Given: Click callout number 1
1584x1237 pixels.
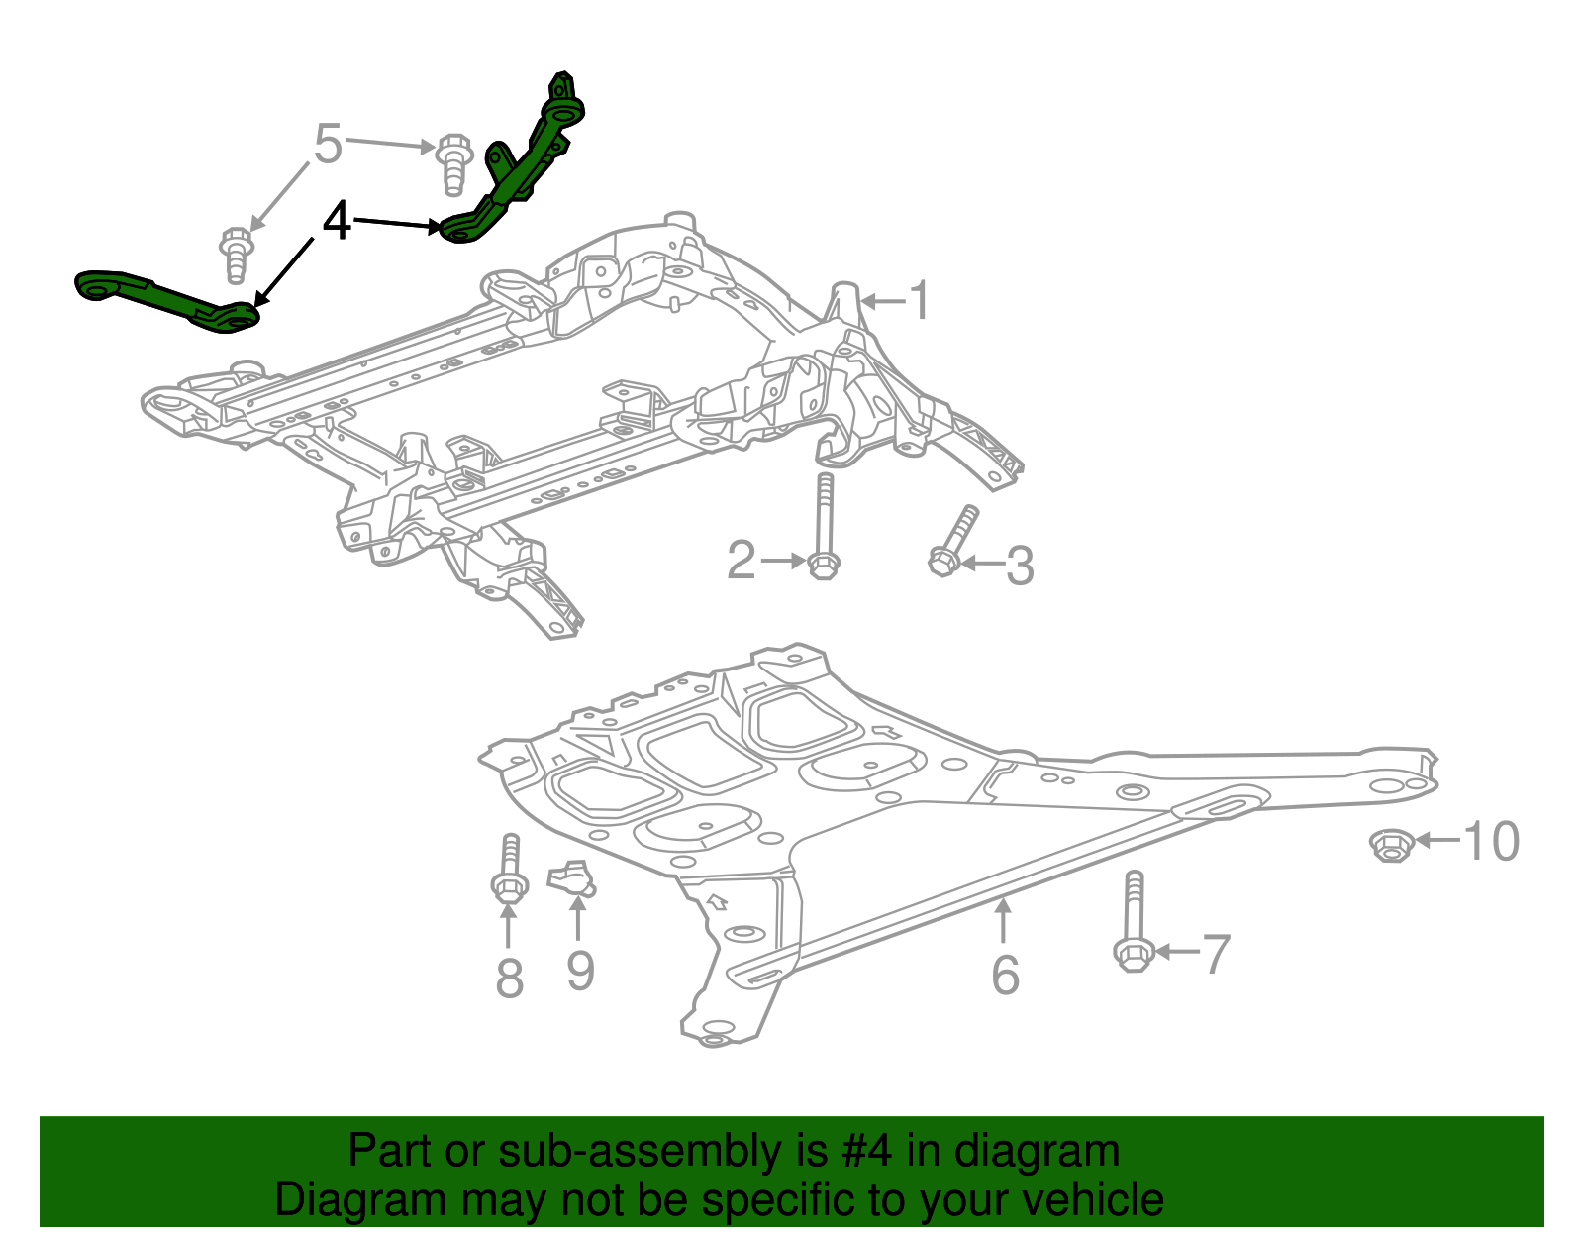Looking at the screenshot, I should coord(920,300).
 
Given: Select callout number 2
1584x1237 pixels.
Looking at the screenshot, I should coord(742,561).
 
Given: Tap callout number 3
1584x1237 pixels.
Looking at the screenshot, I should coord(1020,566).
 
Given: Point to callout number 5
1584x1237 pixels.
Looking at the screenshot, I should coord(328,145).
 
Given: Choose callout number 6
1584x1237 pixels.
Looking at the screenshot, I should coord(1005,975).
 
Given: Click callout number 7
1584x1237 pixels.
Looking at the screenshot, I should coord(1215,954).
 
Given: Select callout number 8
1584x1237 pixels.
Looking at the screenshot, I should coord(509,979).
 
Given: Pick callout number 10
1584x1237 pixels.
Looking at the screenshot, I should coord(1491,842).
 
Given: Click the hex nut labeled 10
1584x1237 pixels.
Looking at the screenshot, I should coord(1390,845).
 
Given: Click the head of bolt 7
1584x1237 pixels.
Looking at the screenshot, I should coord(1133,955).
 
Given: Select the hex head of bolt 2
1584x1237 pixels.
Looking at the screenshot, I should coord(823,565).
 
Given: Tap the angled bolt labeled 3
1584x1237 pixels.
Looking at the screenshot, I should coord(952,541).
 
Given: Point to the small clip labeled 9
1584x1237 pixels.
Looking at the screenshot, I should coord(570,877).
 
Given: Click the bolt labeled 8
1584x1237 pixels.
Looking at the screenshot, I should coord(509,872).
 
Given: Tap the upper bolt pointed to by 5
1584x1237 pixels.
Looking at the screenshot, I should coord(452,162).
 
